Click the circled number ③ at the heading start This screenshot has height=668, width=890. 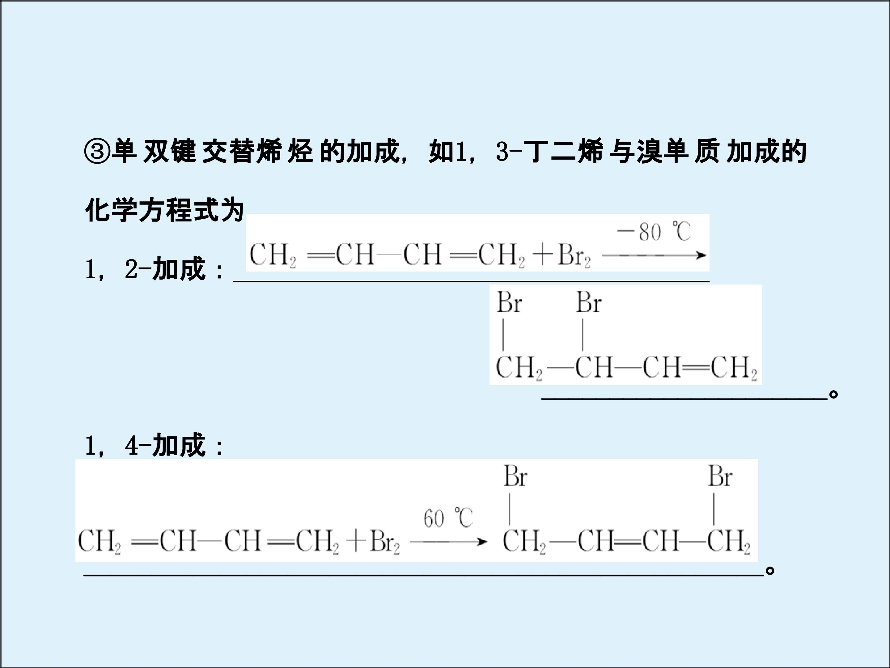[97, 152]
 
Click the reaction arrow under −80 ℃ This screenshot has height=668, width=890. [654, 255]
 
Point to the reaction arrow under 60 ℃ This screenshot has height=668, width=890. [449, 542]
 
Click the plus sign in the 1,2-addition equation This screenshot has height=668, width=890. [543, 255]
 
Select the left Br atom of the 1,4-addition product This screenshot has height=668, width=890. [515, 476]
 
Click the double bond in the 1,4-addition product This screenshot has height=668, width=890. [628, 542]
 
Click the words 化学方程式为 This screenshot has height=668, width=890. [165, 210]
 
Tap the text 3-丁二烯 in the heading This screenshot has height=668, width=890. [550, 152]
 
